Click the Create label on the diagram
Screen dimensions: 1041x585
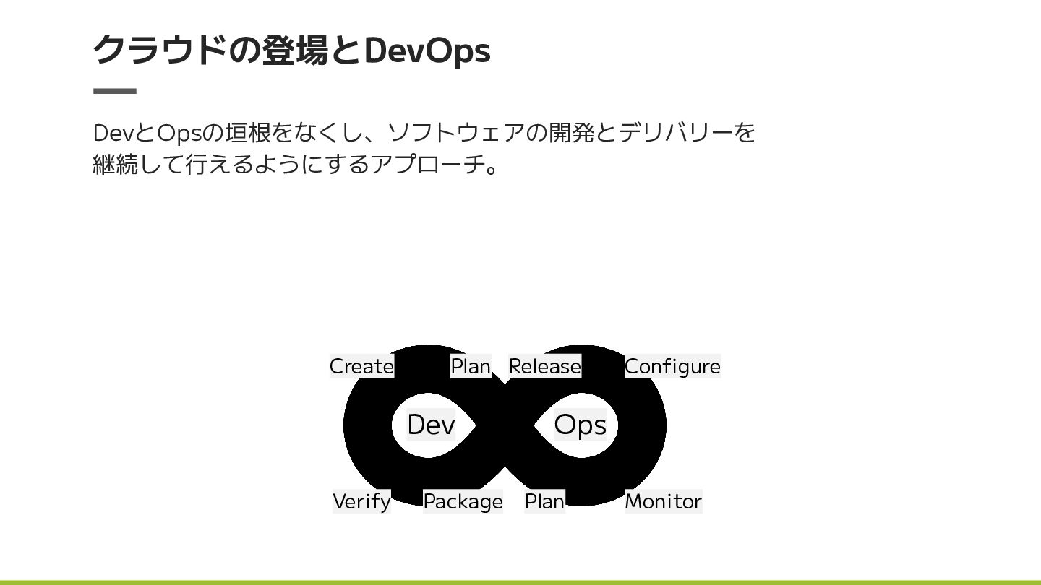pos(361,366)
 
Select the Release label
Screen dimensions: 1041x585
pos(544,366)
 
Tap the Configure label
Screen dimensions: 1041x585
pos(672,366)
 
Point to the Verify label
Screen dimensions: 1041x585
pos(361,501)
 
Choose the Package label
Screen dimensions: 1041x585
pos(463,501)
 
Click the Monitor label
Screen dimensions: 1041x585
pos(663,501)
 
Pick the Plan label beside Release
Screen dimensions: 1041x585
pos(471,366)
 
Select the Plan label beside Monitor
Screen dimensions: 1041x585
pos(544,501)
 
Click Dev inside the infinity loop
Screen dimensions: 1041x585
pos(431,425)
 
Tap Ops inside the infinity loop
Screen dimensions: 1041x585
pos(580,425)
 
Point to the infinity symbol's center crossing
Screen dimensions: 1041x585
pos(505,425)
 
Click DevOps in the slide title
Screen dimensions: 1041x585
pos(427,50)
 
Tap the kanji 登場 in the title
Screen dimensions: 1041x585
pos(295,50)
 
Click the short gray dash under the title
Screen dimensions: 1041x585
pos(115,91)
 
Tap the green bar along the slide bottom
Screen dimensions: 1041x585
pos(520,581)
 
